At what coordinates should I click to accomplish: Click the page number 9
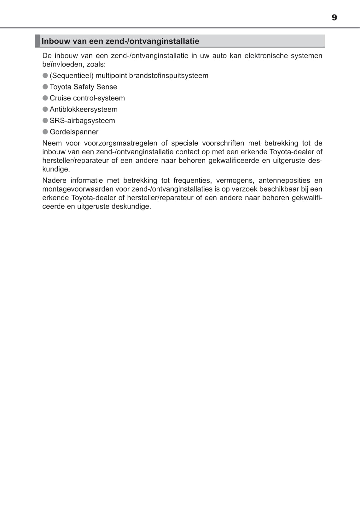click(334, 18)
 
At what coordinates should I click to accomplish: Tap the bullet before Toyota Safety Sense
click(45, 87)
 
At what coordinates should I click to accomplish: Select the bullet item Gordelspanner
click(74, 132)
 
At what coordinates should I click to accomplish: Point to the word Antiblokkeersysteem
click(84, 109)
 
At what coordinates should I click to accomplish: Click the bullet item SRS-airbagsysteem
click(82, 121)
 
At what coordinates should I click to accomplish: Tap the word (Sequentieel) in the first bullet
click(72, 76)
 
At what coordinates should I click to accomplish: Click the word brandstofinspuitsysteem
click(169, 76)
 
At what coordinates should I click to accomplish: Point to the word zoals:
click(96, 64)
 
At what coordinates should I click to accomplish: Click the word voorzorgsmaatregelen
click(120, 143)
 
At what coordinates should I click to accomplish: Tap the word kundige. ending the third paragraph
click(56, 169)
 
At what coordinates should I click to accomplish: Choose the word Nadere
click(54, 180)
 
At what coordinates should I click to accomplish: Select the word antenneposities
click(284, 180)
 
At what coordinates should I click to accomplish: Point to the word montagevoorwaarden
click(78, 189)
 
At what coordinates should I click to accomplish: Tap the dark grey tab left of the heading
click(37, 41)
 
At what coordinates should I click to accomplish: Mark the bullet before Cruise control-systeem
click(45, 98)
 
